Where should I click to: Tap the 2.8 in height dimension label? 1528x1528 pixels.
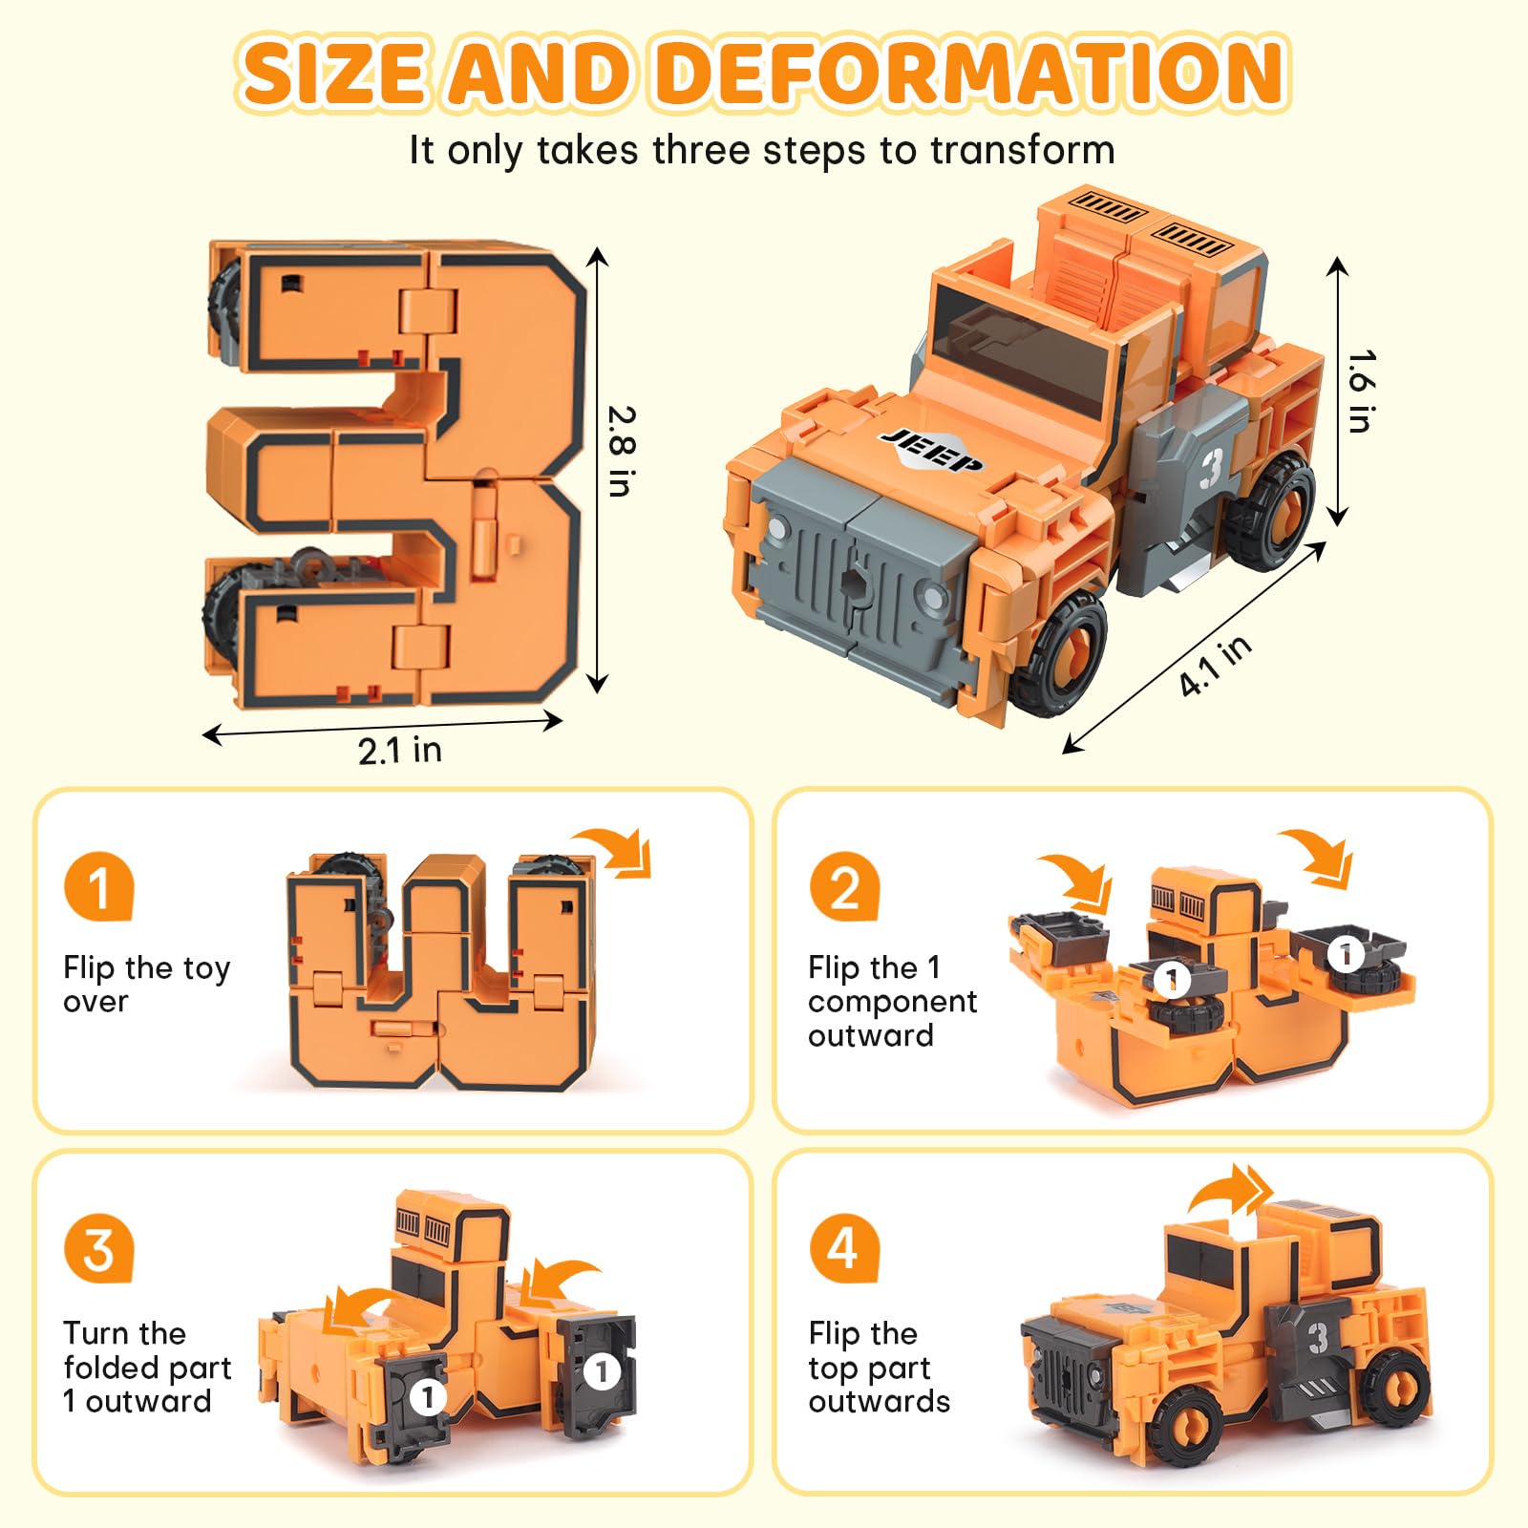tap(621, 451)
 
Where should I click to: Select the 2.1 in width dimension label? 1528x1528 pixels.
tap(400, 751)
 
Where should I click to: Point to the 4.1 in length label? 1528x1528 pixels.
tap(1215, 666)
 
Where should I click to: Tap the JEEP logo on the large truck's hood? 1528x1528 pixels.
tap(931, 450)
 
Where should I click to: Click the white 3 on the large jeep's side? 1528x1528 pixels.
tap(1211, 467)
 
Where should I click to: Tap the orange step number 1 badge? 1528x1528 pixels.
tap(99, 886)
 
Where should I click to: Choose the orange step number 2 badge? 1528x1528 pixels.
tap(844, 886)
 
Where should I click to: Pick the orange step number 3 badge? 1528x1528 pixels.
tap(99, 1249)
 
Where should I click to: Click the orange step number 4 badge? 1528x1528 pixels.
tap(844, 1249)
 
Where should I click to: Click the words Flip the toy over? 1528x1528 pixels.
tap(146, 985)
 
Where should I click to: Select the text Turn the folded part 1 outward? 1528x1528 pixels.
tap(147, 1368)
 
